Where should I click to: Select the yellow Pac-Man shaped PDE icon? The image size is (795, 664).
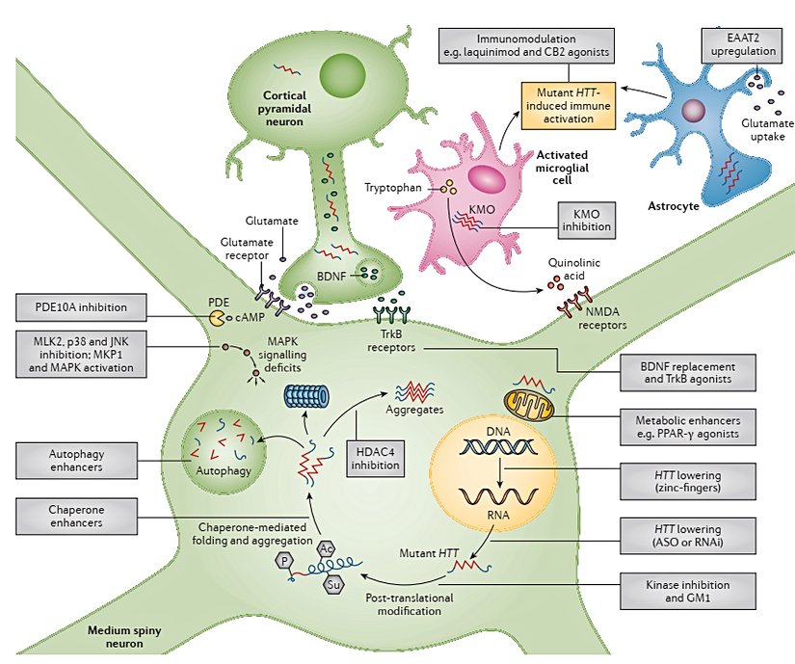coord(218,316)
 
